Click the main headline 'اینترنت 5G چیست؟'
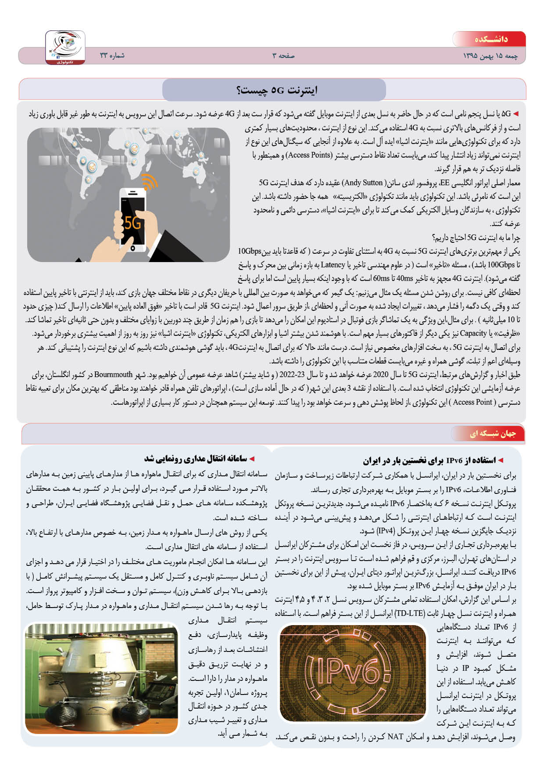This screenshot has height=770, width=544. point(276,90)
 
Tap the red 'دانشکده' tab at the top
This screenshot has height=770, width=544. point(490,39)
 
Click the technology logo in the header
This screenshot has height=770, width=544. point(65,47)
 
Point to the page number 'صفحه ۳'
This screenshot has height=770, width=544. point(283,56)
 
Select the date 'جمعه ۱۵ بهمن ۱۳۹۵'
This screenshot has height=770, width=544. point(490,56)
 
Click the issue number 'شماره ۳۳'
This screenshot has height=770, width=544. point(112,56)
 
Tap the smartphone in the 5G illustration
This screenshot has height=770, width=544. point(132,219)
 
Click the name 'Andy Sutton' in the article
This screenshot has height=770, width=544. point(362,183)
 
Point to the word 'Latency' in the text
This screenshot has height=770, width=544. point(333,265)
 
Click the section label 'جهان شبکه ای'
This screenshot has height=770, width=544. point(493,434)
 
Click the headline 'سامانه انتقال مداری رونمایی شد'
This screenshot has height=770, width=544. point(196,459)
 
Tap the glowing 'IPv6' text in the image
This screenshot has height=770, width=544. point(349,674)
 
